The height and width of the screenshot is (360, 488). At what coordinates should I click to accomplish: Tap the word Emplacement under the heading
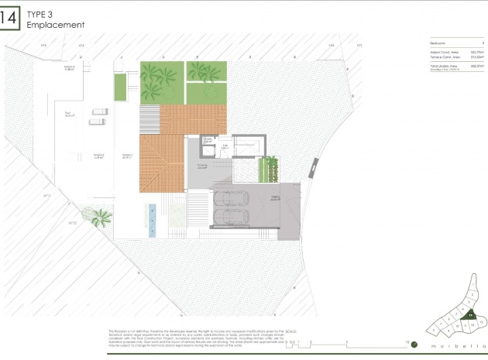point(54,25)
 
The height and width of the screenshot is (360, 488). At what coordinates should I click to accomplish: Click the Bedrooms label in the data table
point(438,44)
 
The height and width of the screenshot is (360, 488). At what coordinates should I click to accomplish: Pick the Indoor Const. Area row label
point(442,53)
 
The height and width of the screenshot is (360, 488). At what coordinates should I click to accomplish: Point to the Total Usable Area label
point(442,67)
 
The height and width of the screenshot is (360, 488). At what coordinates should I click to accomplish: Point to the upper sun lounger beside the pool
point(98,111)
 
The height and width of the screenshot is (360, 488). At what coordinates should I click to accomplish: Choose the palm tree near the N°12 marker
point(100,219)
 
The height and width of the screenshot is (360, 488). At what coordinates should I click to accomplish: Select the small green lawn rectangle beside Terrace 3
point(120,87)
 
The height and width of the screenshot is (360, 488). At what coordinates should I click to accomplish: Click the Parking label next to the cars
point(274,198)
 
